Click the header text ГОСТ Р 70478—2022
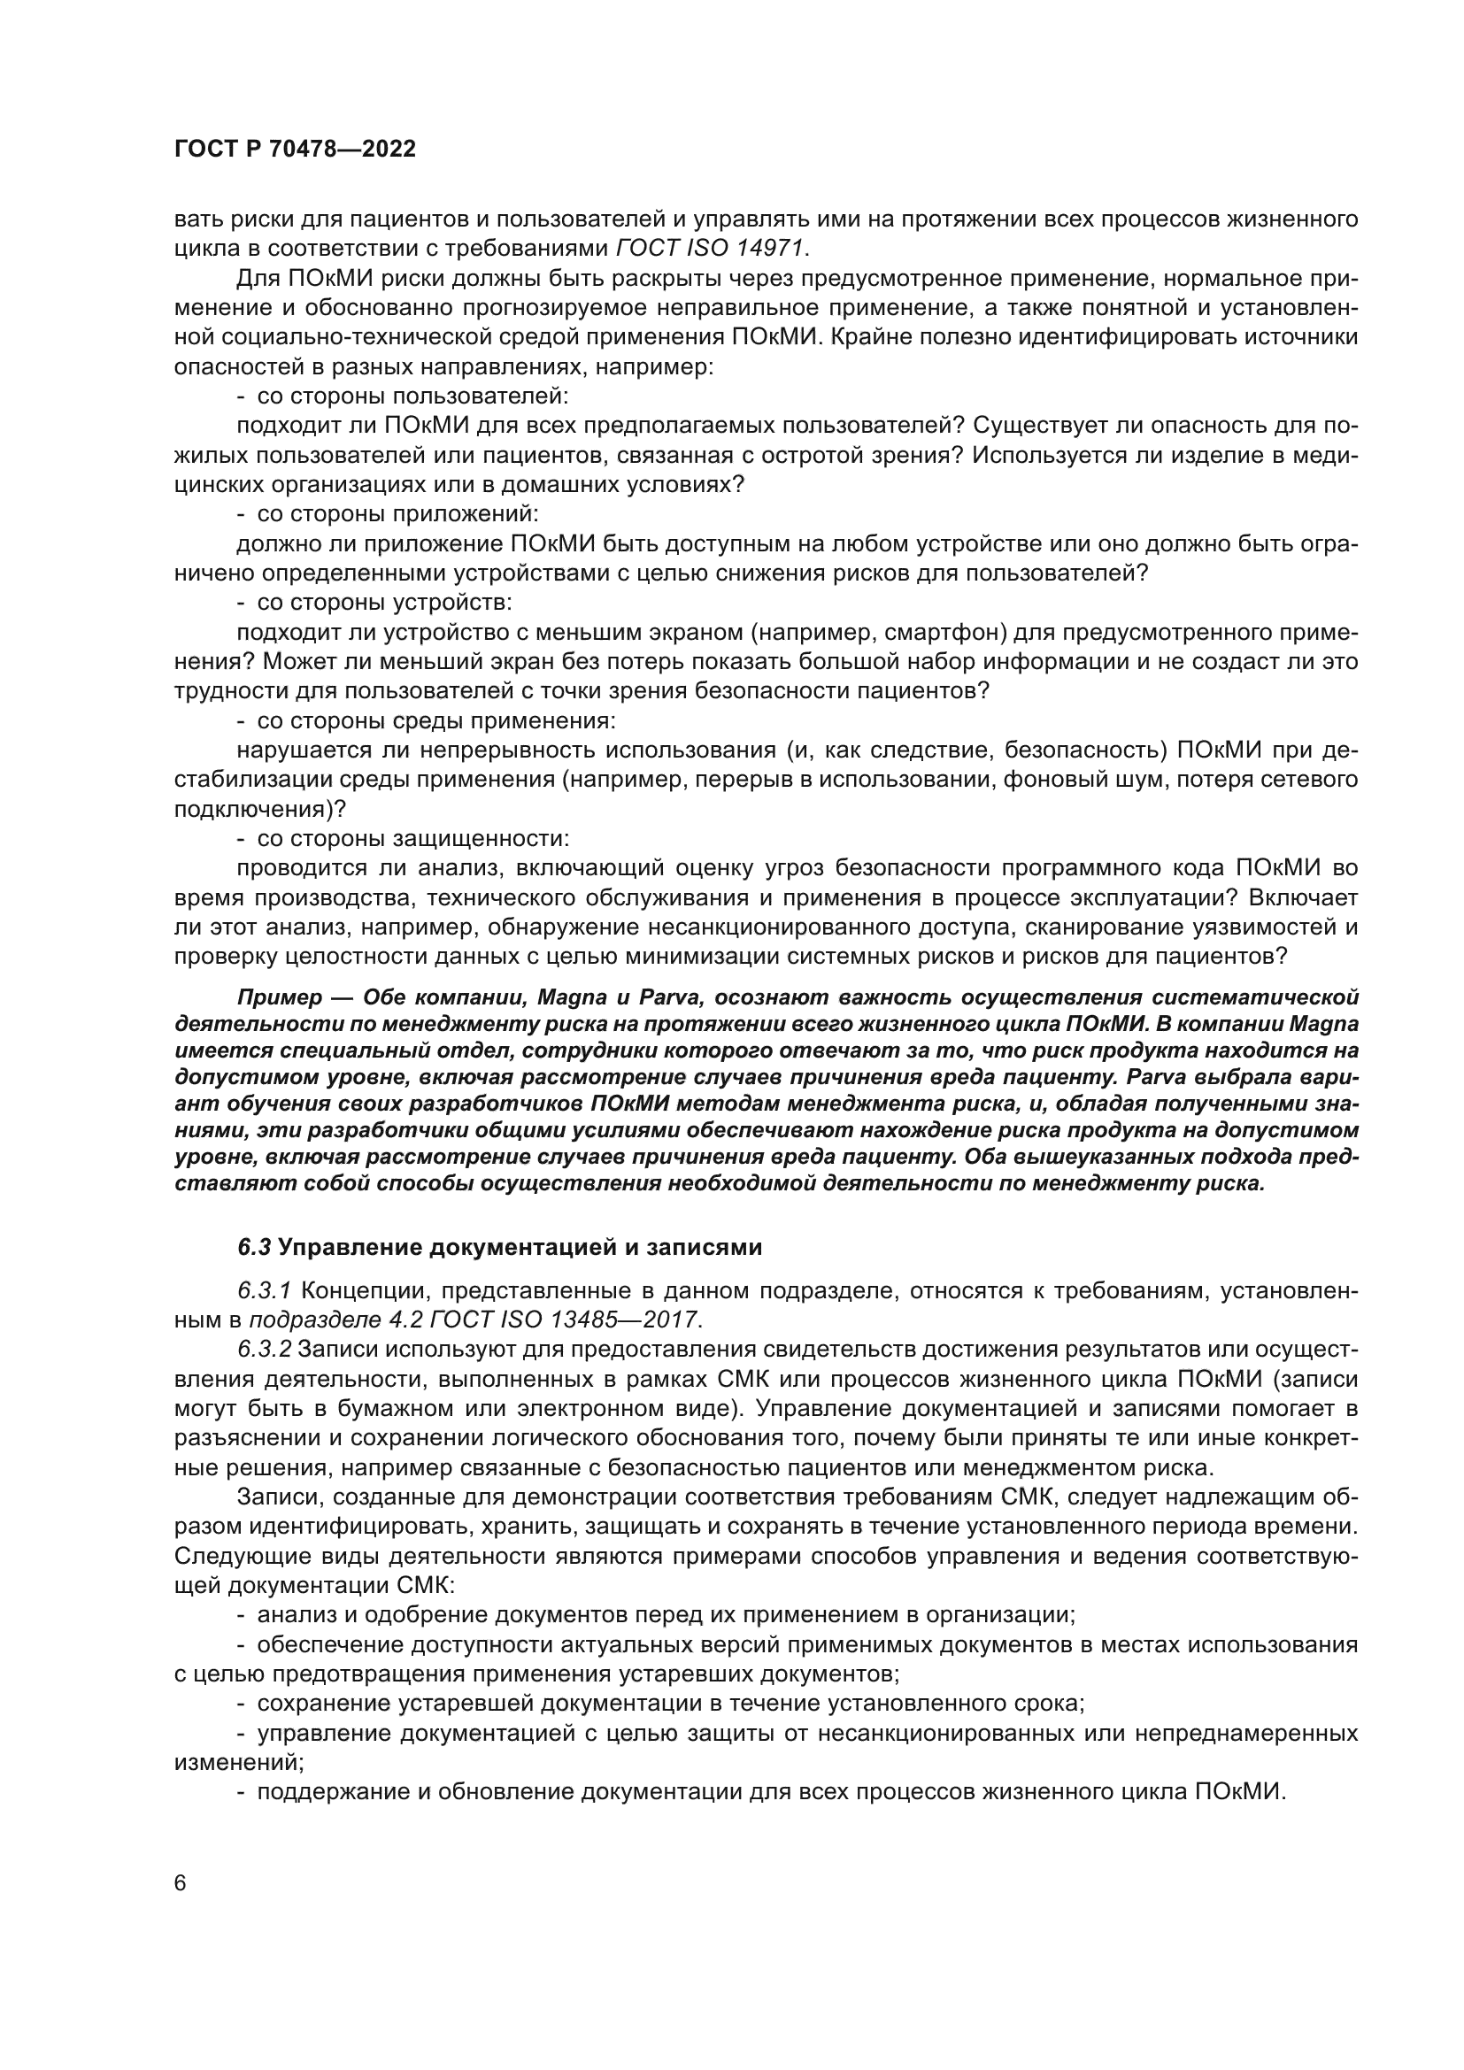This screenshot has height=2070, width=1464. pyautogui.click(x=295, y=150)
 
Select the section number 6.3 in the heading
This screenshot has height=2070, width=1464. pyautogui.click(x=254, y=1247)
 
